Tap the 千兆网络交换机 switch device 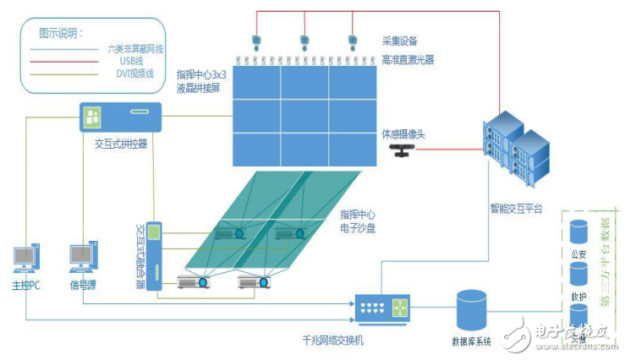click(381, 308)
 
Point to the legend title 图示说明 click(62, 34)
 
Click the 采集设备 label click(400, 41)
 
